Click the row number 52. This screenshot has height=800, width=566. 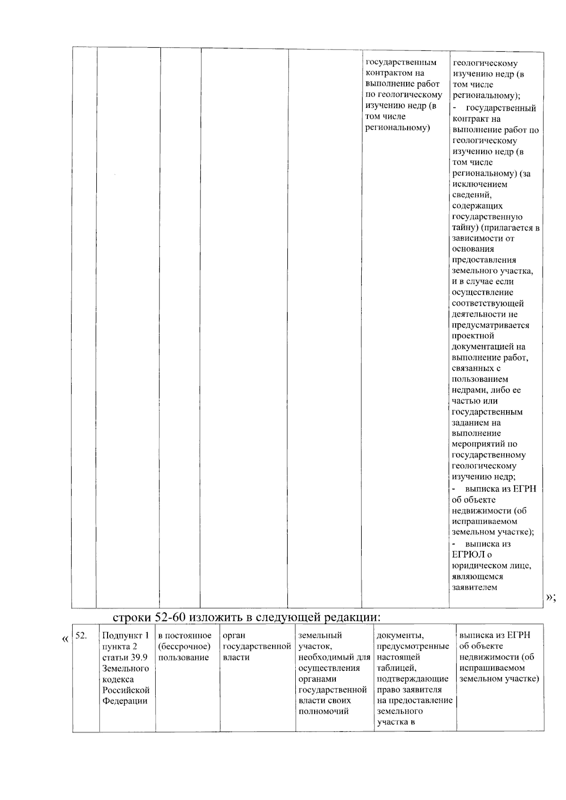click(81, 636)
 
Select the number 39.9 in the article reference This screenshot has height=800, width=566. click(138, 658)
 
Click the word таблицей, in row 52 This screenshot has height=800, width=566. click(396, 668)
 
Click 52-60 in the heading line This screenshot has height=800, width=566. click(172, 617)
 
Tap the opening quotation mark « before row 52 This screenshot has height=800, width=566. click(65, 640)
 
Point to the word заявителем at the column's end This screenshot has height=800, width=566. click(474, 587)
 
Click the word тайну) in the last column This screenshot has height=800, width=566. click(465, 228)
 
